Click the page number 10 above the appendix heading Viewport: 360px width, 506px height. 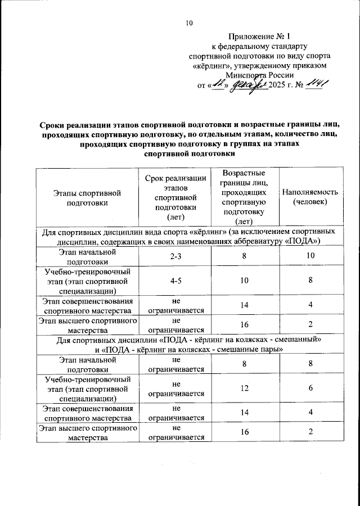tap(188, 23)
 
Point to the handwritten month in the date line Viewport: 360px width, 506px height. tap(247, 84)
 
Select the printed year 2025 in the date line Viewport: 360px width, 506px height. tap(278, 85)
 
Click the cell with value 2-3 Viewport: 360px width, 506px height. tap(176, 256)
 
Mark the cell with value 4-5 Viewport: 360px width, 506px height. tap(176, 281)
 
